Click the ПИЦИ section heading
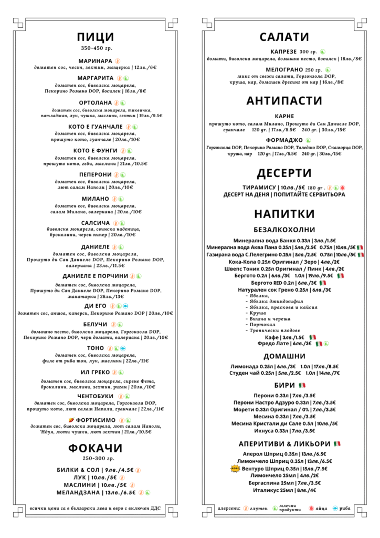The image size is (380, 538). pyautogui.click(x=95, y=36)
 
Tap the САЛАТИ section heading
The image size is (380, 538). pyautogui.click(x=284, y=36)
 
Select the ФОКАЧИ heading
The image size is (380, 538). pyautogui.click(x=95, y=448)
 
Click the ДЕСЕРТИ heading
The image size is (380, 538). pyautogui.click(x=284, y=173)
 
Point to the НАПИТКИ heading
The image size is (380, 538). pyautogui.click(x=284, y=214)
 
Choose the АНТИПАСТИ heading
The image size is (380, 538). pyautogui.click(x=284, y=101)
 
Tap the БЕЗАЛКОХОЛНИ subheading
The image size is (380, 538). pyautogui.click(x=284, y=230)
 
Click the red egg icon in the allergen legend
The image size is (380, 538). pyautogui.click(x=312, y=508)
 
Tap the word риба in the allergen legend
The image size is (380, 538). pyautogui.click(x=344, y=508)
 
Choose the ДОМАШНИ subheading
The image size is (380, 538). pyautogui.click(x=284, y=356)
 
